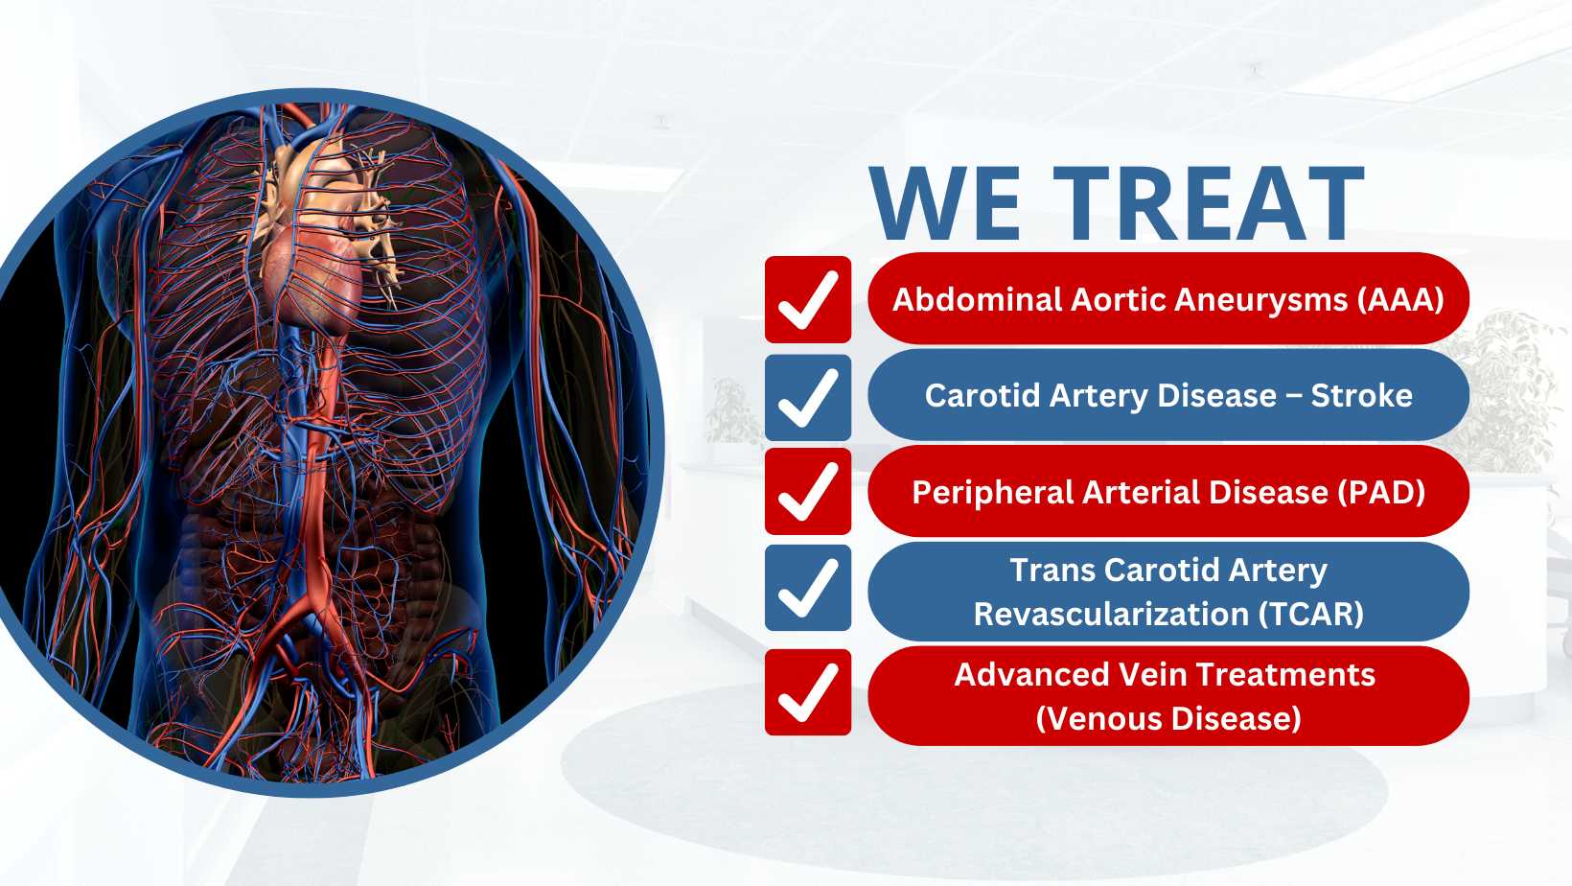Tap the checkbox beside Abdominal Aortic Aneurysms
tap(808, 300)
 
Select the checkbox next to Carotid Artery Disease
tap(808, 397)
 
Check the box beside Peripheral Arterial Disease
tap(808, 492)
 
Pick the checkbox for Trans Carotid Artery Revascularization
tap(808, 588)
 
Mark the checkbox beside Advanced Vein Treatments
tap(808, 692)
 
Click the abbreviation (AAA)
tap(1400, 300)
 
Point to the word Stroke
tap(1361, 395)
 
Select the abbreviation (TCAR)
tap(1310, 615)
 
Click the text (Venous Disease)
tap(1168, 718)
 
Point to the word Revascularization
tap(1111, 615)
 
